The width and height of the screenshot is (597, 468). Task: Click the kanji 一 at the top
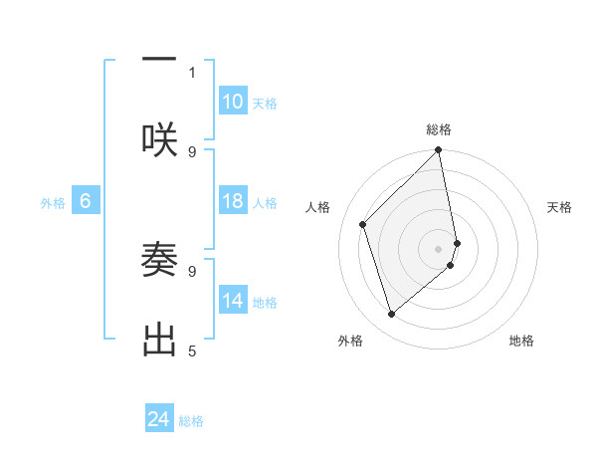coord(159,60)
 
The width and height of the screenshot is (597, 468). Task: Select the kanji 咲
coord(159,138)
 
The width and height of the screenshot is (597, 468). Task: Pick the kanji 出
coord(159,339)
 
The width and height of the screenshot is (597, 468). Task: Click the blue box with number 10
coord(233,102)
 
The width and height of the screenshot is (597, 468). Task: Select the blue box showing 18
coord(233,201)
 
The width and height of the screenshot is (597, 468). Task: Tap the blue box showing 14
coord(233,300)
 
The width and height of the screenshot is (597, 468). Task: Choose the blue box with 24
coord(159,419)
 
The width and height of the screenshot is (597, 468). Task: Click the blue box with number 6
coord(86,201)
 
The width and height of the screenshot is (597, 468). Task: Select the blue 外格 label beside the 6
coord(53,202)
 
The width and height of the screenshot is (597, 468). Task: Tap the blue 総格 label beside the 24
coord(191,421)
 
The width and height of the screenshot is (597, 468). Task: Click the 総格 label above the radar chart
coord(439,129)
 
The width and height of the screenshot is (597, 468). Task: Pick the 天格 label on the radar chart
coord(559,207)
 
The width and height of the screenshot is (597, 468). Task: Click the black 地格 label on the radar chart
coord(521,341)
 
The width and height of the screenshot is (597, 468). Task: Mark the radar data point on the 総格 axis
coord(439,151)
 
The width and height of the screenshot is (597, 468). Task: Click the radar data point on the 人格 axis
coord(363,224)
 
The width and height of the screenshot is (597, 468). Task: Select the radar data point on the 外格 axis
coord(392,315)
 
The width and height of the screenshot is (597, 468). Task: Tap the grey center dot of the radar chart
coord(439,248)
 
